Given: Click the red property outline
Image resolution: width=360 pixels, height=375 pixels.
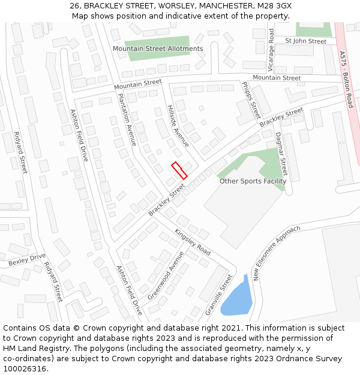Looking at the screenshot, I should (x=179, y=170).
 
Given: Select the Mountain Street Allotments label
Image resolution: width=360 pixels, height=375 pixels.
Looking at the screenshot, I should (x=158, y=49).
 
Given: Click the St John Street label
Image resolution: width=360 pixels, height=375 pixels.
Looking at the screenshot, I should (x=306, y=41).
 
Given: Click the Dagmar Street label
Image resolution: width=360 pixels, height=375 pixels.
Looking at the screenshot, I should (x=281, y=154).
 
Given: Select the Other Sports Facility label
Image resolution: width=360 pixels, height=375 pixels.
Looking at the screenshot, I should (x=253, y=181).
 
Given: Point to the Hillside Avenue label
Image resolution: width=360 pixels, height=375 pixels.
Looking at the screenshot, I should (x=178, y=125).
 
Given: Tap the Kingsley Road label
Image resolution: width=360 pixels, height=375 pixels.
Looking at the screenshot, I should (x=193, y=242).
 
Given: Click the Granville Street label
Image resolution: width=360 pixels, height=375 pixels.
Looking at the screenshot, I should (x=218, y=295).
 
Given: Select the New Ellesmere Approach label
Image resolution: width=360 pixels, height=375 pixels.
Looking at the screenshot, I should (x=277, y=253).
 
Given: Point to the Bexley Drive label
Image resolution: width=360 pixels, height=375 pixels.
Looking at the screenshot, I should (x=27, y=259).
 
